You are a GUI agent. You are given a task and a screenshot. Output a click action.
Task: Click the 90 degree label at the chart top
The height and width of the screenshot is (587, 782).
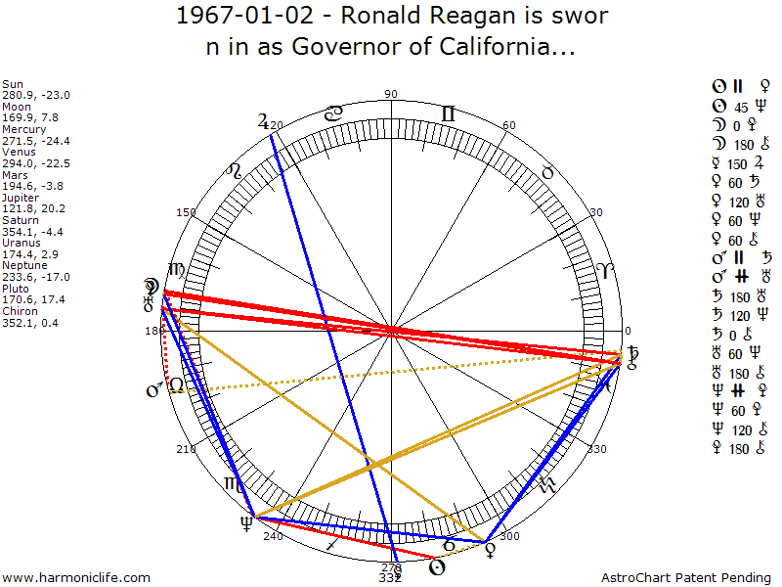pyautogui.click(x=391, y=94)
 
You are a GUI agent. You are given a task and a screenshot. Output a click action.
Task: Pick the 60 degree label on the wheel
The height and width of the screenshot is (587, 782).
pyautogui.click(x=508, y=126)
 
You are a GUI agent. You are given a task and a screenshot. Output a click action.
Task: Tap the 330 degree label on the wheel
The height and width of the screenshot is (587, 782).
pyautogui.click(x=596, y=449)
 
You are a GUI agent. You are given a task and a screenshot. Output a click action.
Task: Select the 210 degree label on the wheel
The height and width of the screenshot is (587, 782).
pyautogui.click(x=185, y=449)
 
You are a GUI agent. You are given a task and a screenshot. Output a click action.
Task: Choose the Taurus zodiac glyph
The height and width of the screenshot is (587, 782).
pyautogui.click(x=547, y=172)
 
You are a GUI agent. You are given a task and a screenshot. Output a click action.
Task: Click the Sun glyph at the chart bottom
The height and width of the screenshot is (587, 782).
pyautogui.click(x=439, y=566)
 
